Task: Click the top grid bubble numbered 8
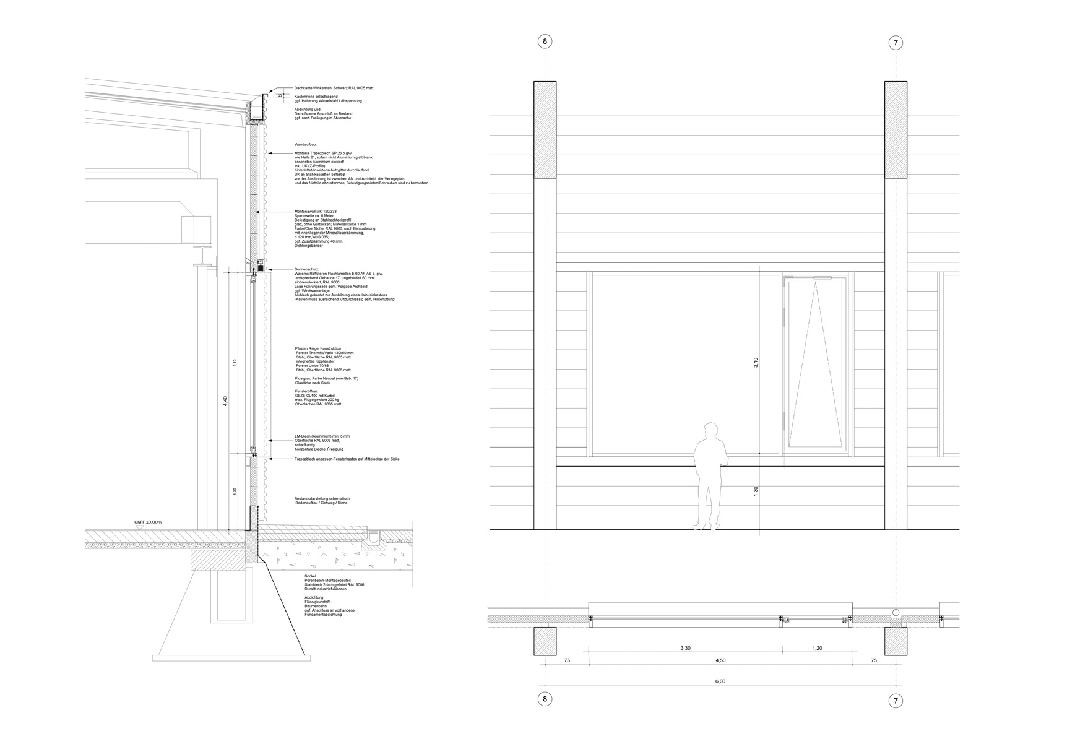545,41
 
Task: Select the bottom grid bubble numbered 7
896,701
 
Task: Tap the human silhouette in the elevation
707,477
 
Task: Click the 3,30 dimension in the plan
685,648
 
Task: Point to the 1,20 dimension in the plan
817,648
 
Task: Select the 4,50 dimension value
720,660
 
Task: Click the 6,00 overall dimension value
720,681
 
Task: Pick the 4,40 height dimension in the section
225,400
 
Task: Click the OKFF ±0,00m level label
148,522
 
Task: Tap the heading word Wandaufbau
306,144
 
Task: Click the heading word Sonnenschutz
307,270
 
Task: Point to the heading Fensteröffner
307,391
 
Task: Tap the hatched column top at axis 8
545,130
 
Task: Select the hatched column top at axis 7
896,130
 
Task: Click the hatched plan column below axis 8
545,641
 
